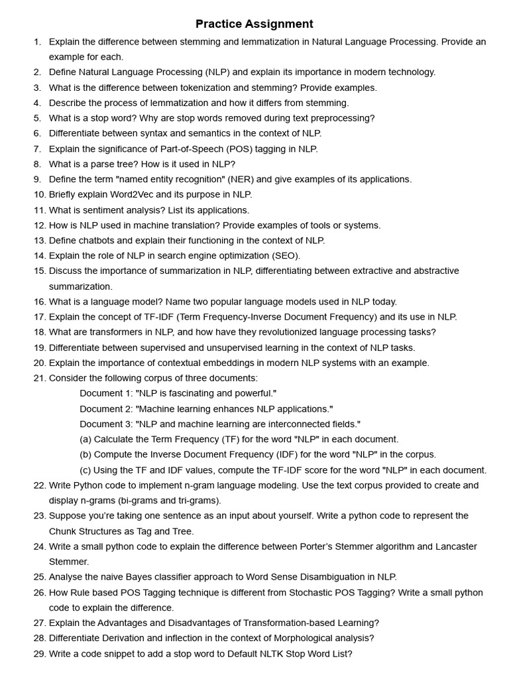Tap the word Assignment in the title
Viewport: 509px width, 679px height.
click(x=280, y=24)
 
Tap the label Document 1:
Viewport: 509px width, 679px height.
click(x=106, y=393)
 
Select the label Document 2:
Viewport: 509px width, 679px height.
click(x=106, y=408)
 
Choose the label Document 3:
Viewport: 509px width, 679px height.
click(x=106, y=424)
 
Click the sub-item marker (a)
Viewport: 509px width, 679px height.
click(x=85, y=439)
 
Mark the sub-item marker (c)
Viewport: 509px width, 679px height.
click(x=85, y=470)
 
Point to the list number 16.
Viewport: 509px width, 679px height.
click(x=39, y=301)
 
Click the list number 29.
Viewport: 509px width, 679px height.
click(x=39, y=653)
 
